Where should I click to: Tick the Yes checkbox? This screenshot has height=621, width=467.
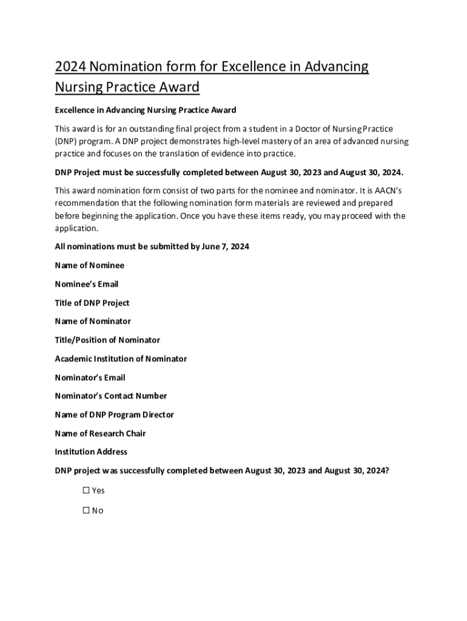coord(86,490)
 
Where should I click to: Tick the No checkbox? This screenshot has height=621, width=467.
coord(86,510)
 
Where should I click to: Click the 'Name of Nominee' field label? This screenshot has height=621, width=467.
coord(89,265)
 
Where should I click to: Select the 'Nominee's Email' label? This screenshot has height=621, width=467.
coord(86,284)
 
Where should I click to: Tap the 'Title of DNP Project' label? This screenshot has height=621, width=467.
coord(92,303)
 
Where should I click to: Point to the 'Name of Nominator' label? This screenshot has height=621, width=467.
coord(92,321)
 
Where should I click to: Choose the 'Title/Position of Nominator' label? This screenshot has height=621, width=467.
coord(107,340)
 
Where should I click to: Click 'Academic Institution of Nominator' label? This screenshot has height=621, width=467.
coord(121,358)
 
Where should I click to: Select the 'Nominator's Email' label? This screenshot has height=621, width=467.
coord(90,377)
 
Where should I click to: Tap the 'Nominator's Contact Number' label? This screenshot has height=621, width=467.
coord(110,395)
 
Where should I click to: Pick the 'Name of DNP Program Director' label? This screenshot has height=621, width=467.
coord(114,414)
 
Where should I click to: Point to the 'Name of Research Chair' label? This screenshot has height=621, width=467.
coord(100,433)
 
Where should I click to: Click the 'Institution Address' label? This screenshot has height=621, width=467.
coord(91,451)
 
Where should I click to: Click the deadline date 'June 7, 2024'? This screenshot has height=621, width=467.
coord(224,246)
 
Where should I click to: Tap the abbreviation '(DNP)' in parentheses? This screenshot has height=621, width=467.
coord(67,141)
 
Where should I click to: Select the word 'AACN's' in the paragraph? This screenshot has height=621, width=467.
coord(387,190)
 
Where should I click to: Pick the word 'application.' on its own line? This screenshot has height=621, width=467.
coord(76,229)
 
